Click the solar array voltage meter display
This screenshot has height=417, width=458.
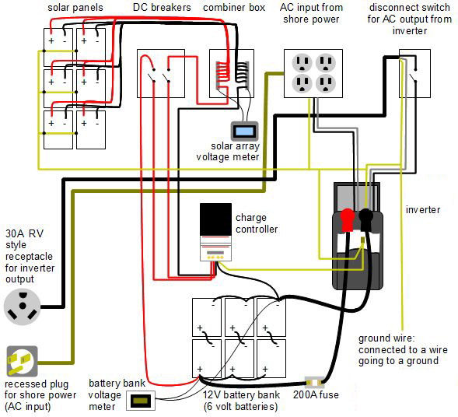(245, 131)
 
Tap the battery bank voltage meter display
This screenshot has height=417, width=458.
(141, 401)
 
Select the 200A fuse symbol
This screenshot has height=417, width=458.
(314, 382)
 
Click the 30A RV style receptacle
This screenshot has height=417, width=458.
(23, 307)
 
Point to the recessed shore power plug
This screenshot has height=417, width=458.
(23, 361)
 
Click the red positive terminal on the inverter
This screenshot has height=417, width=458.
(348, 220)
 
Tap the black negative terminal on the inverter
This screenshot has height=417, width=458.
(365, 220)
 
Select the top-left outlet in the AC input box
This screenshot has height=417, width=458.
(302, 63)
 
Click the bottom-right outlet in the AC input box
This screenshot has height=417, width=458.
(325, 83)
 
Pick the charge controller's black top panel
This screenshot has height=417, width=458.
(215, 219)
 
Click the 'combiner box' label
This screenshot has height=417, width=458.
(234, 8)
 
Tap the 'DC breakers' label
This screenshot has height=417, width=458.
(162, 8)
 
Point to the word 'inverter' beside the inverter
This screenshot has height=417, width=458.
(423, 209)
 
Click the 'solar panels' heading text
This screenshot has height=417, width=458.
(75, 8)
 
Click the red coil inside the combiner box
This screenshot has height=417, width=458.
(222, 75)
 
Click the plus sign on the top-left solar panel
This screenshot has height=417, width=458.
(51, 41)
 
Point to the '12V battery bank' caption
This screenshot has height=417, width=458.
(241, 394)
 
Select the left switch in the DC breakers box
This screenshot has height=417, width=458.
(152, 75)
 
